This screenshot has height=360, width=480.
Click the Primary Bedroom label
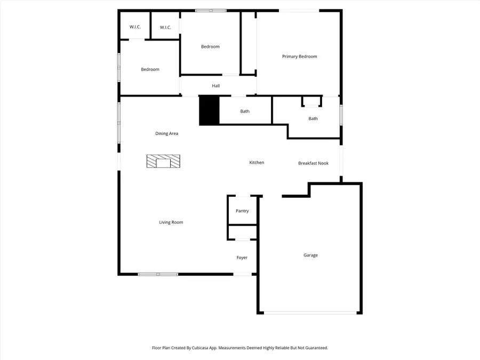coord(300,57)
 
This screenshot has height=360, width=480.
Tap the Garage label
coord(310,255)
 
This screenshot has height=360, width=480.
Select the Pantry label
coord(242,211)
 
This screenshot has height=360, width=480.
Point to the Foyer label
coord(242,258)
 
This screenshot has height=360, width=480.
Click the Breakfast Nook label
coord(313,163)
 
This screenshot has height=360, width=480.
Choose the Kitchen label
coord(257,163)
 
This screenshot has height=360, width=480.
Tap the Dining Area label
coord(166,134)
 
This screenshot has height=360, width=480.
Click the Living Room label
coord(171,222)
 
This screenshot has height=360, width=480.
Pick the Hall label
coord(215,86)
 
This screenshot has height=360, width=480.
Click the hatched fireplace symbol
coord(163,162)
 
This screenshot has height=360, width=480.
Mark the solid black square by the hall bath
coord(209,111)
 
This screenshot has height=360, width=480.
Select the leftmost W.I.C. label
coord(135,27)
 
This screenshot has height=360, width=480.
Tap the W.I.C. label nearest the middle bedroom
coord(165,28)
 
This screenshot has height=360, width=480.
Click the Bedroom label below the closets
coord(150,69)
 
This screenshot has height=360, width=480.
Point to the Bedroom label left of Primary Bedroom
coord(210,47)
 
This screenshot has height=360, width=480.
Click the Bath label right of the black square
coord(245,111)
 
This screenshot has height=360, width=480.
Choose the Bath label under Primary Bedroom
coord(313,118)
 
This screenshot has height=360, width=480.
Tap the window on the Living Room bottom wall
coord(158,274)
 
